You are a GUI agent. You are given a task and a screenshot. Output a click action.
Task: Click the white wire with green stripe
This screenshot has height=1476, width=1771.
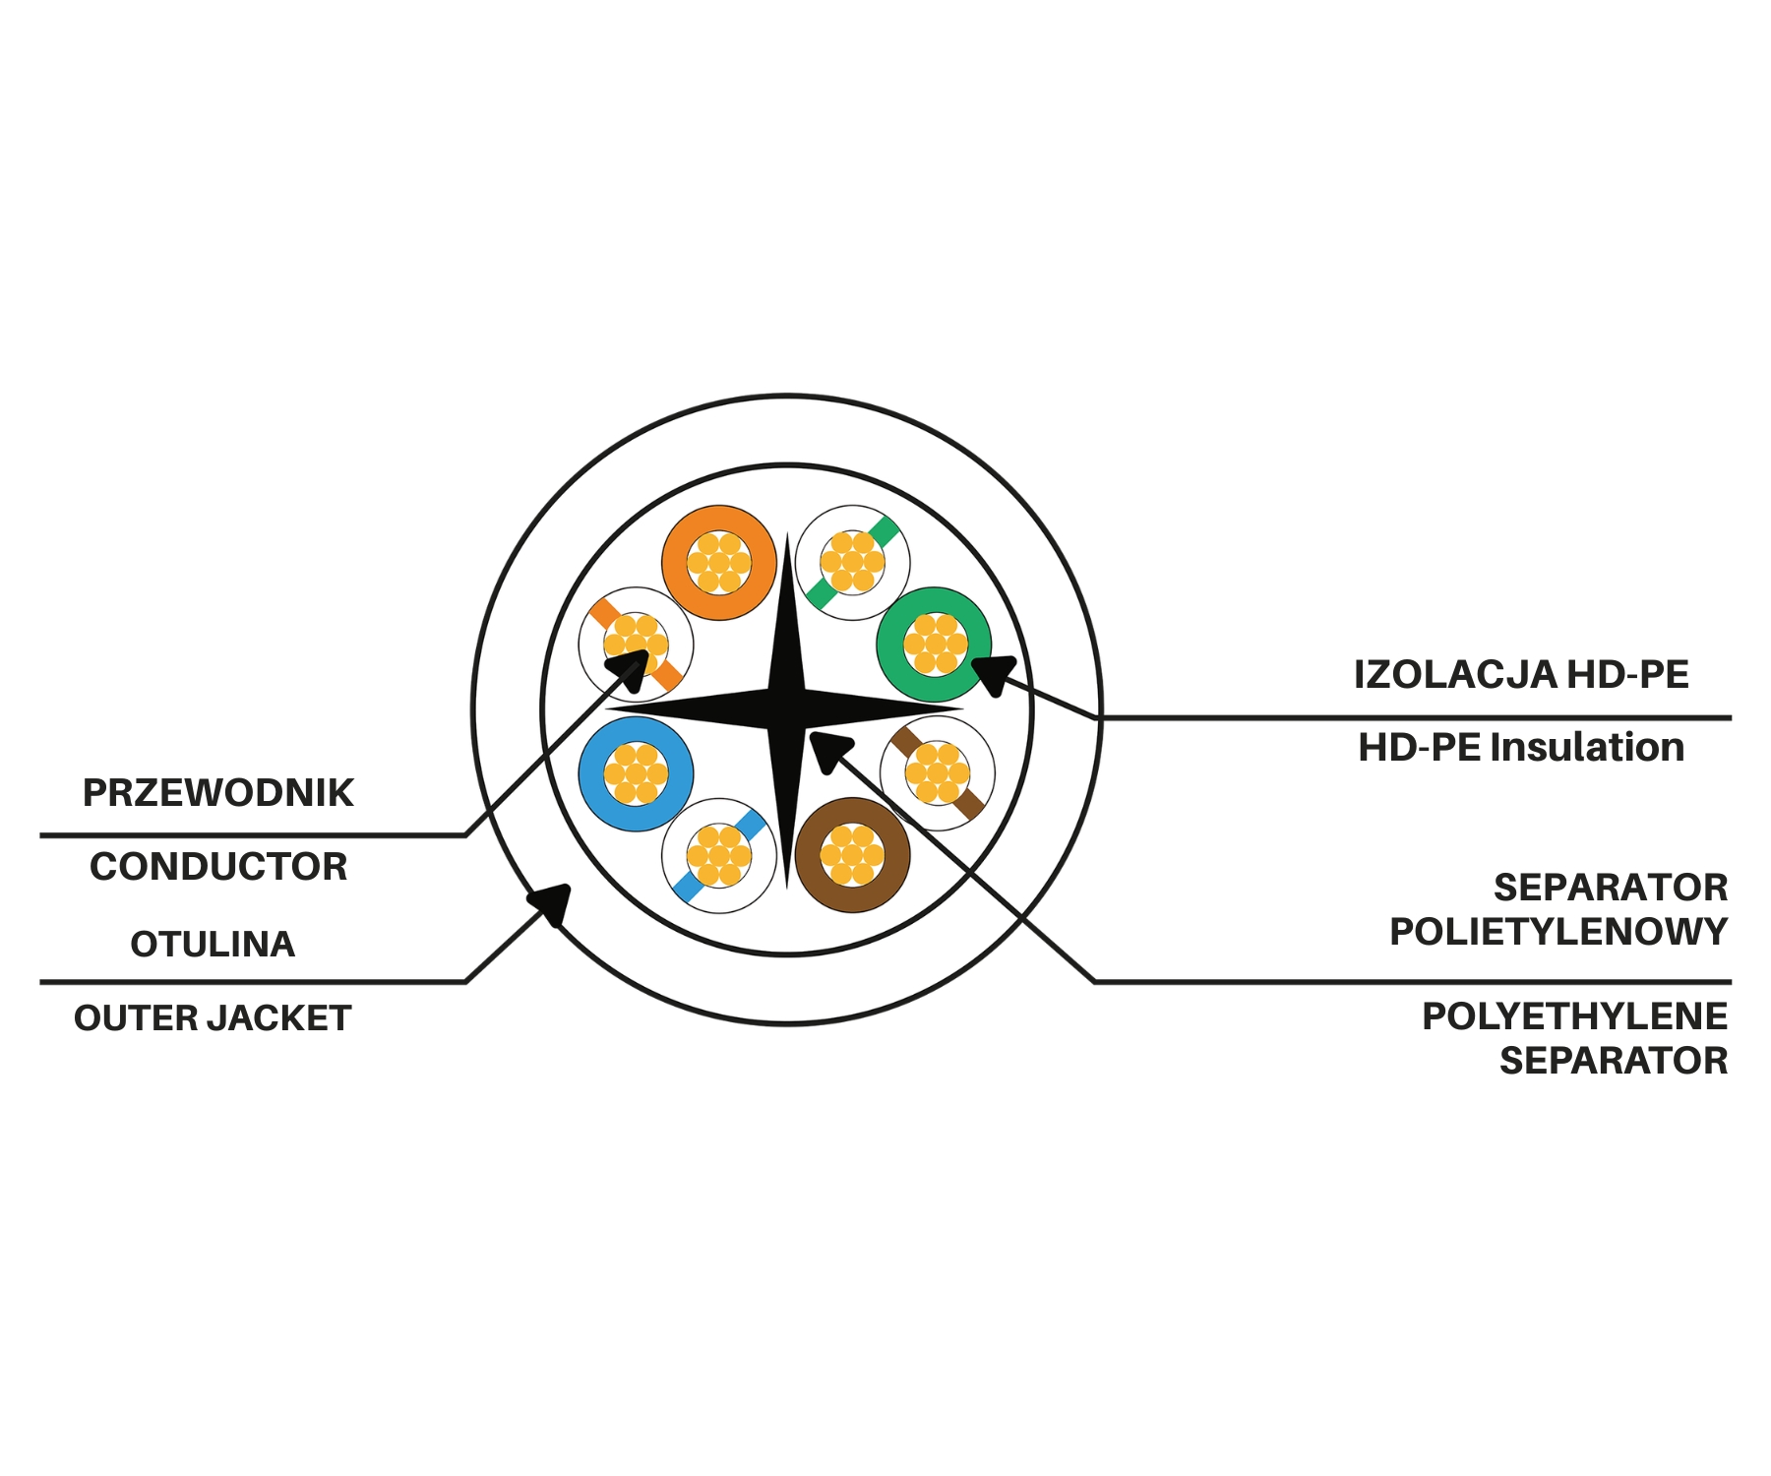point(852,563)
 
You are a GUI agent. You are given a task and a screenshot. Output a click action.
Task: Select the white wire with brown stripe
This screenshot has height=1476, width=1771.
point(937,773)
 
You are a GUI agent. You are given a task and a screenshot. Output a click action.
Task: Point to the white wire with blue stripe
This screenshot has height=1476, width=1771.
point(719,855)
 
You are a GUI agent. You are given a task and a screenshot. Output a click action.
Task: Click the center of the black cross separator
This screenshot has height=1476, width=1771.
point(787,708)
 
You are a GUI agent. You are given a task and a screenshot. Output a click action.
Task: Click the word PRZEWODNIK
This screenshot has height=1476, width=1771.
point(217,793)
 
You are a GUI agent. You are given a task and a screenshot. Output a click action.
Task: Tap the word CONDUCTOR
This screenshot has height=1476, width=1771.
point(218,867)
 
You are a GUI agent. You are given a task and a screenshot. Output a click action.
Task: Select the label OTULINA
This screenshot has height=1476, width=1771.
point(213,945)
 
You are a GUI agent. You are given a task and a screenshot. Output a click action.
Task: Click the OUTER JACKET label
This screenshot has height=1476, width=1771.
point(213,1018)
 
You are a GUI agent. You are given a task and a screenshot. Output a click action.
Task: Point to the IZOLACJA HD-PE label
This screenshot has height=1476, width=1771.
point(1521,675)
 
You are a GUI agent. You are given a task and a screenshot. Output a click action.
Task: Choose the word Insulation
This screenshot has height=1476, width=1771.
point(1587,748)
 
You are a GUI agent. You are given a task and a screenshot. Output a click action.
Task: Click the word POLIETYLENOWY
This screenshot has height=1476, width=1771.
point(1558,932)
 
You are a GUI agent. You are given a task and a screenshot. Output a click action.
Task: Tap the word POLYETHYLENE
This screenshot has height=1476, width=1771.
point(1574,1016)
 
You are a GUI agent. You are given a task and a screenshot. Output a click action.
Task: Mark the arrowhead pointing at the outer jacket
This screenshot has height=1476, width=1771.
point(551,902)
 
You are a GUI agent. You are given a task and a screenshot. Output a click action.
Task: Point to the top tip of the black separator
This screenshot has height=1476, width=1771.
point(787,532)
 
